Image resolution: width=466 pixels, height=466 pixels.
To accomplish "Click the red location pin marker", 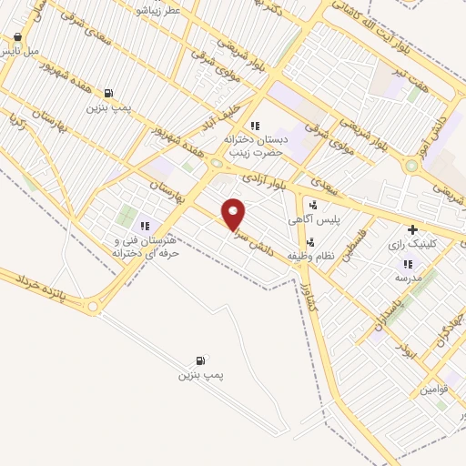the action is (234, 214).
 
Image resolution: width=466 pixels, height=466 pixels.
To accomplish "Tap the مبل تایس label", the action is (20, 51).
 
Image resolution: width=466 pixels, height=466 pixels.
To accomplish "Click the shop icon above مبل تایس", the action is (17, 37).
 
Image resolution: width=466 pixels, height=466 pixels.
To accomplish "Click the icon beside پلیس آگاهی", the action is (313, 206).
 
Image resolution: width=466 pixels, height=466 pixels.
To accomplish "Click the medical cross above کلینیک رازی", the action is (414, 229).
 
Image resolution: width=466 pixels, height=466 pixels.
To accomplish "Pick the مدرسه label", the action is (411, 277).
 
